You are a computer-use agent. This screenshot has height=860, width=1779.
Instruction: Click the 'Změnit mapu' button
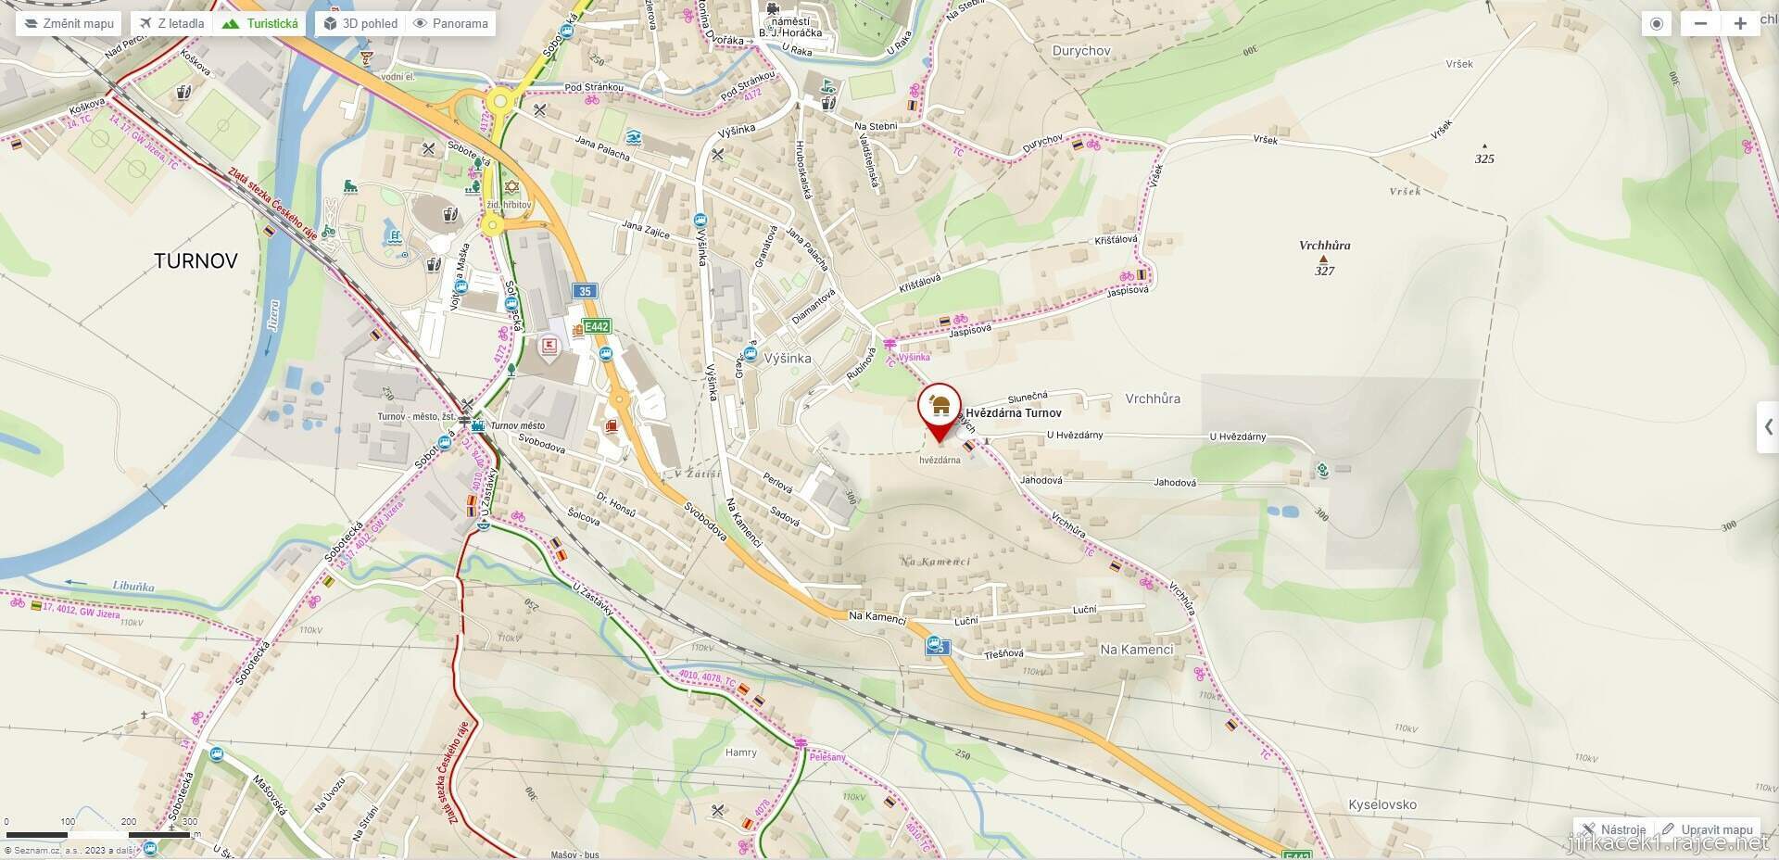(x=69, y=23)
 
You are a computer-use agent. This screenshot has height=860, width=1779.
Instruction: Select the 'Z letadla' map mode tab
(x=172, y=23)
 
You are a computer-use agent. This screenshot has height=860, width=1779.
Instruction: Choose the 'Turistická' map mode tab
(x=262, y=23)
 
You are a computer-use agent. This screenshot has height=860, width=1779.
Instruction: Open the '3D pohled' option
(x=360, y=23)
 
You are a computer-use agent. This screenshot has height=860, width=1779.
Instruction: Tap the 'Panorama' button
(x=450, y=23)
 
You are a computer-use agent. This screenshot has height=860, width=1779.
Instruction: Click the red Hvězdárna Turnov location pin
(x=940, y=409)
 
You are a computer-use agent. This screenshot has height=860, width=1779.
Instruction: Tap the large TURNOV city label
(x=196, y=261)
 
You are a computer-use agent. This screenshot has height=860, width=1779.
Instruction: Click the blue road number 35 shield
(x=584, y=291)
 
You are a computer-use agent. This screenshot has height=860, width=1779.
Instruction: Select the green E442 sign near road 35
(x=596, y=326)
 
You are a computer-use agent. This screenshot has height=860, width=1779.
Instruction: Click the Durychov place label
(x=1081, y=51)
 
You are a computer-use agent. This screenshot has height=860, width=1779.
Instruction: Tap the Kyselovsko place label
(x=1382, y=804)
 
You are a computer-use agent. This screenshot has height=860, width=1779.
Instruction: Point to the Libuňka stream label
(x=133, y=587)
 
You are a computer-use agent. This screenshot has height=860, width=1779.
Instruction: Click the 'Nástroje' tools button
(x=1614, y=829)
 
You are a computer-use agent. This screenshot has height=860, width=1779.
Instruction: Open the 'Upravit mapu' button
(x=1708, y=829)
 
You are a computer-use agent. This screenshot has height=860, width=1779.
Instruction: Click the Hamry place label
(x=740, y=752)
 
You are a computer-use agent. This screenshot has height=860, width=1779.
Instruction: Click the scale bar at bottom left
(x=97, y=835)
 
